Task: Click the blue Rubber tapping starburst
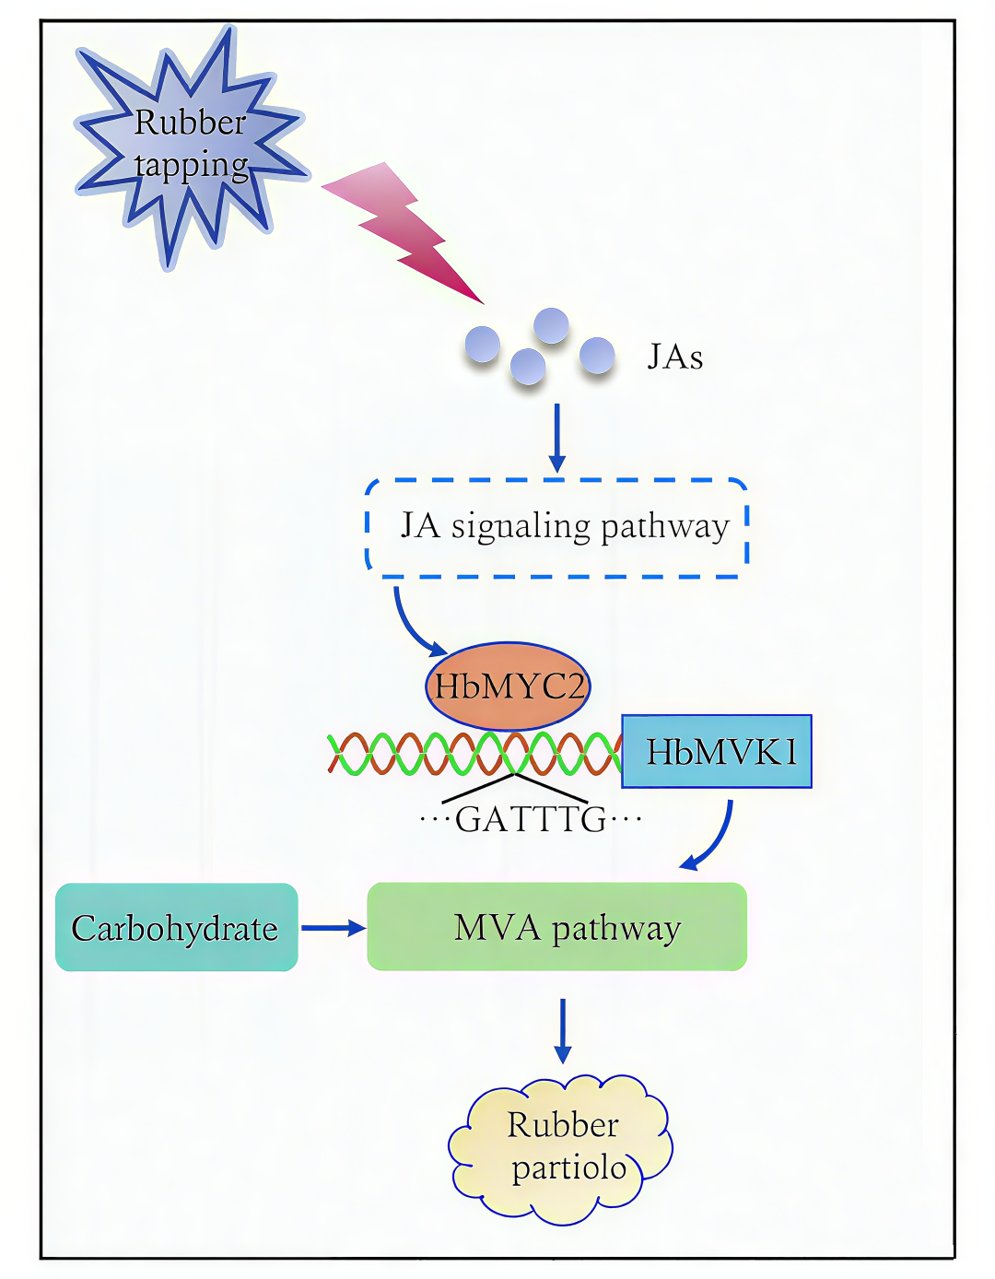[188, 147]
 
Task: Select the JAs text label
[675, 357]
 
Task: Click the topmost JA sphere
[551, 325]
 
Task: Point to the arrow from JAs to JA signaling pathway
[556, 438]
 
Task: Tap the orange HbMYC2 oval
[508, 686]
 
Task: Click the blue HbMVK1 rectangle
[717, 751]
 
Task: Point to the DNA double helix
[474, 754]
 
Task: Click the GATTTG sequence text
[531, 819]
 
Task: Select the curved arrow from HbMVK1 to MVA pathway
[720, 841]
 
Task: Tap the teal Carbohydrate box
[177, 928]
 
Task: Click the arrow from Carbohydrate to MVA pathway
[333, 928]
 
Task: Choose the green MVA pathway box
[556, 927]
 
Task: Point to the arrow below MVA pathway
[563, 1030]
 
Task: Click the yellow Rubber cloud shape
[560, 1149]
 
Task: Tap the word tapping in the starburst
[192, 166]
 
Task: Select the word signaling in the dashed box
[521, 527]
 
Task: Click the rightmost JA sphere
[597, 355]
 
